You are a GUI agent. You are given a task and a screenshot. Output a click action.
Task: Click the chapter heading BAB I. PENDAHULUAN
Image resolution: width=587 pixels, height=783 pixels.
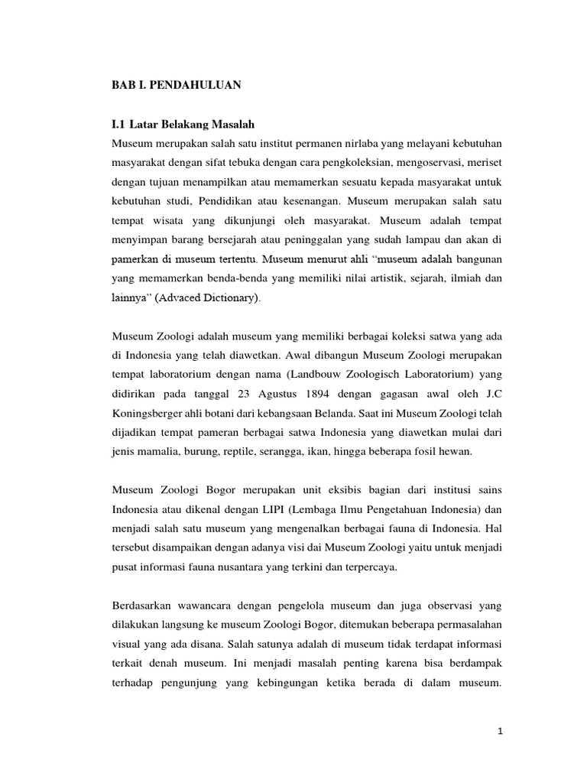click(x=176, y=86)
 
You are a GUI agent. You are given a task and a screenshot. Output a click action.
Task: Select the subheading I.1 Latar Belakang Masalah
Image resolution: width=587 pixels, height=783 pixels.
click(x=183, y=124)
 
